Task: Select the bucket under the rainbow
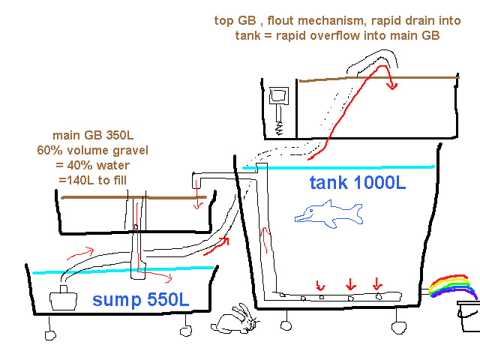pyautogui.click(x=468, y=316)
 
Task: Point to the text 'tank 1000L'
pyautogui.click(x=358, y=182)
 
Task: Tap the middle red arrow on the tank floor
pyautogui.click(x=349, y=285)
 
